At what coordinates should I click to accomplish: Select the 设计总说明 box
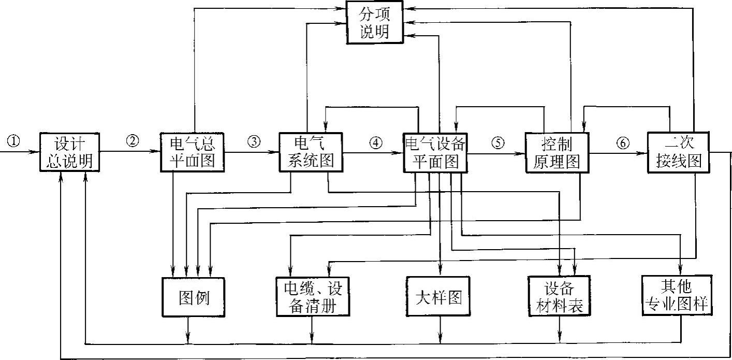click(x=68, y=152)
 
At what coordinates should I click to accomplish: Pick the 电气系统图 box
click(x=310, y=152)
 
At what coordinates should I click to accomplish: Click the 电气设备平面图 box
click(x=435, y=152)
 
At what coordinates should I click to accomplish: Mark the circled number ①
click(x=14, y=141)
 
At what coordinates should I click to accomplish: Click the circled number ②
click(x=133, y=141)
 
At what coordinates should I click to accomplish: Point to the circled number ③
click(x=253, y=141)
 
